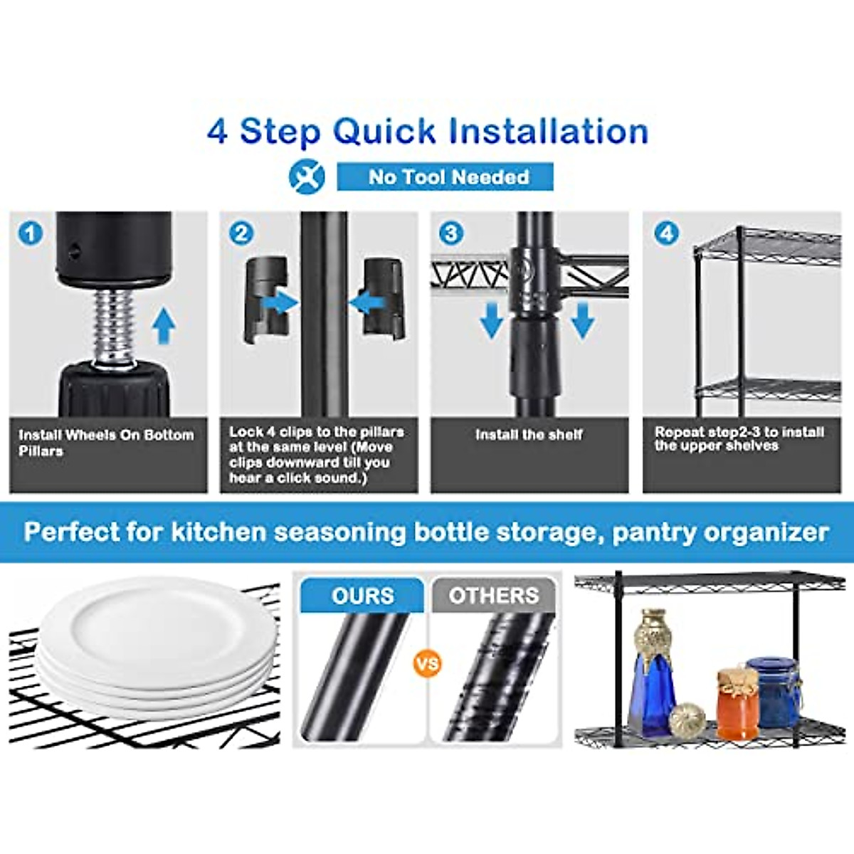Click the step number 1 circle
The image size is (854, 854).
[30, 233]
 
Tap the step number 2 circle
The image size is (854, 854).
[241, 233]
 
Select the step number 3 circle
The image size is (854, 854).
[451, 233]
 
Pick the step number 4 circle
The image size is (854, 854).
[666, 233]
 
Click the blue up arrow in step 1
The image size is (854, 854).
[164, 326]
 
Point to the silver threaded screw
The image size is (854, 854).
[114, 327]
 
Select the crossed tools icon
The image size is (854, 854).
[307, 176]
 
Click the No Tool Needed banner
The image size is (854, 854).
[446, 176]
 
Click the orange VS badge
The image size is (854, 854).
[427, 665]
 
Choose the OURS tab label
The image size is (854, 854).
[362, 596]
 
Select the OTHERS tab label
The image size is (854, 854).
[493, 596]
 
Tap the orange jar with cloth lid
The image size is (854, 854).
[737, 705]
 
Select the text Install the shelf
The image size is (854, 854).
[529, 434]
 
